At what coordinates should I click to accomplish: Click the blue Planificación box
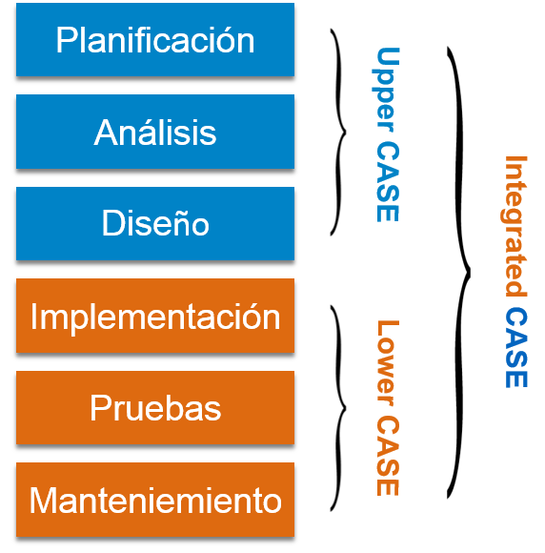(155, 40)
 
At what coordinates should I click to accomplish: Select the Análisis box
(155, 133)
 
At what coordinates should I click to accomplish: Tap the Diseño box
(155, 224)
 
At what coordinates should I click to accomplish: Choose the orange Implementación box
(155, 316)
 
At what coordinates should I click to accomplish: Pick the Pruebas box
(155, 408)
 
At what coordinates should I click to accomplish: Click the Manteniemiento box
(155, 500)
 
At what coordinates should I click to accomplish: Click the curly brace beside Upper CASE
(339, 132)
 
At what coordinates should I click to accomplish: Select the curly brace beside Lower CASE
(339, 406)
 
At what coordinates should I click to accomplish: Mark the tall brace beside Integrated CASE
(460, 272)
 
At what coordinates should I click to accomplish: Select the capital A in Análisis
(104, 133)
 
